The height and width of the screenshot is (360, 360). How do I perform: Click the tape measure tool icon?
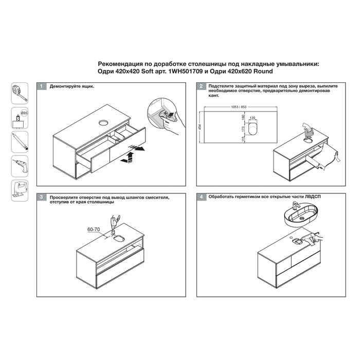pyautogui.click(x=20, y=93)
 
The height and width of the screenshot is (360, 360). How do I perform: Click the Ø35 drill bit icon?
pyautogui.click(x=20, y=118)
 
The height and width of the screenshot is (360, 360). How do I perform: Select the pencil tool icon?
pyautogui.click(x=20, y=142)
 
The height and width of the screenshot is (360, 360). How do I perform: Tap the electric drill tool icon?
pyautogui.click(x=20, y=166)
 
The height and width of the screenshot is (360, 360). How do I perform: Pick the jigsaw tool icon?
pyautogui.click(x=20, y=191)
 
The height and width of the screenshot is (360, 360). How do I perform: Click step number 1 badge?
pyautogui.click(x=41, y=86)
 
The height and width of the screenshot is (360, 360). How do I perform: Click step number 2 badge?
pyautogui.click(x=201, y=86)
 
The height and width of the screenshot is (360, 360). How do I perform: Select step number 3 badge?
pyautogui.click(x=41, y=197)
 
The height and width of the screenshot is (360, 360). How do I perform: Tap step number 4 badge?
pyautogui.click(x=201, y=197)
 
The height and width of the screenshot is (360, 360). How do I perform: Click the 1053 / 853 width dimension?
pyautogui.click(x=239, y=107)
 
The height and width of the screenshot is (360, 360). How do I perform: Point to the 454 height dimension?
pyautogui.click(x=200, y=127)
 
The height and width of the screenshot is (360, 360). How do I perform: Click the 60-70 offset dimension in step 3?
pyautogui.click(x=94, y=229)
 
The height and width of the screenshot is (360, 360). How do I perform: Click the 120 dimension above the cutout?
pyautogui.click(x=253, y=118)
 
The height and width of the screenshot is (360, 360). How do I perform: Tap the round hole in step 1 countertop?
pyautogui.click(x=103, y=123)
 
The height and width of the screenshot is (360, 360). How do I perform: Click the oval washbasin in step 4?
pyautogui.click(x=301, y=215)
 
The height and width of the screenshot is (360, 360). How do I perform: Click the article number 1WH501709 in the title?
pyautogui.click(x=186, y=71)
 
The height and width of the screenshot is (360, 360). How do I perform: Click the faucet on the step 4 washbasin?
pyautogui.click(x=296, y=206)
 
